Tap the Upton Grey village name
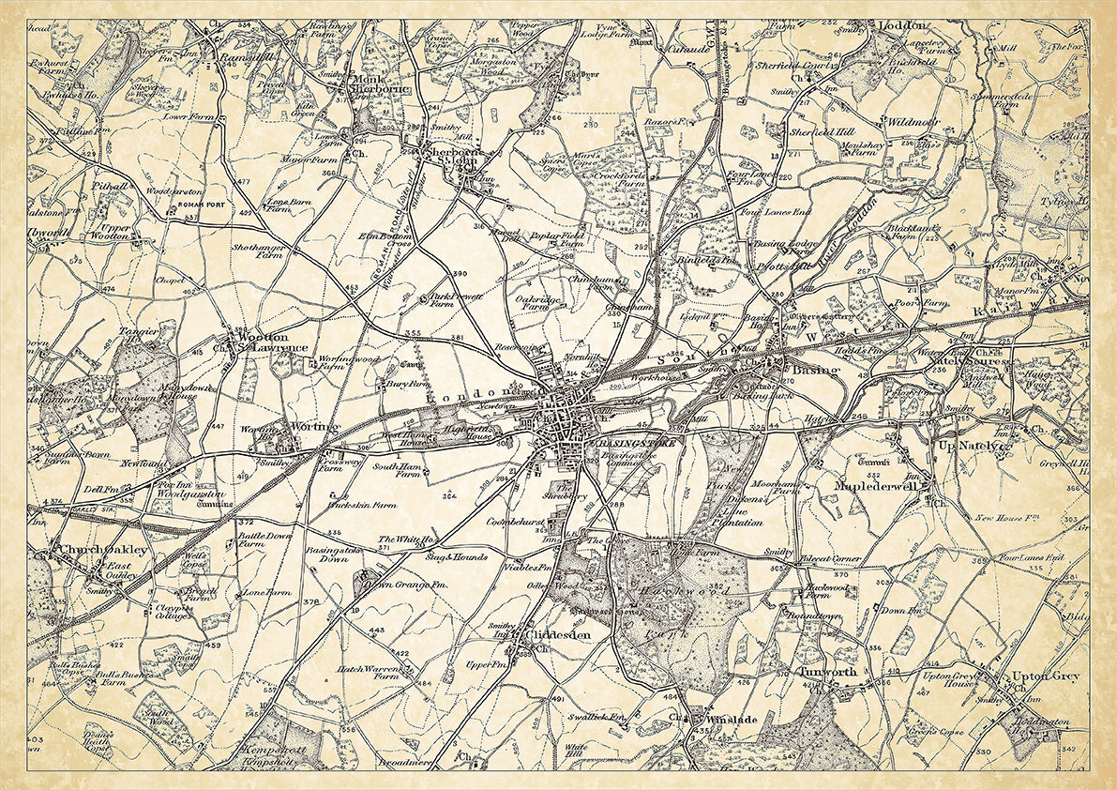1046,676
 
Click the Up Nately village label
975,448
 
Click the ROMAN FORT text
181,205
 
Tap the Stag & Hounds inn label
457,557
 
